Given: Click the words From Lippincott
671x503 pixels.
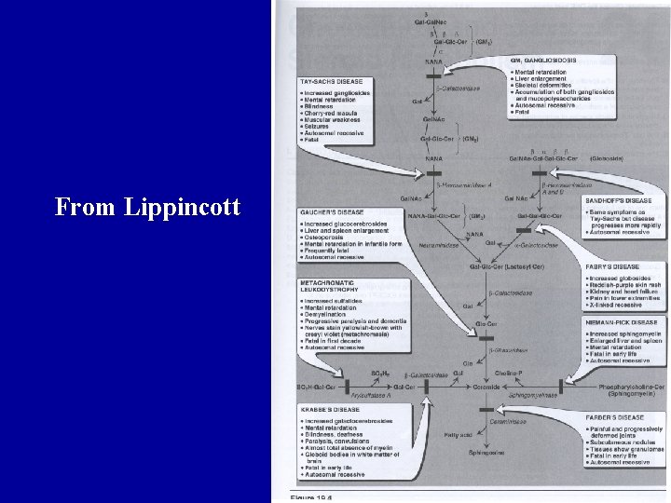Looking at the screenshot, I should (148, 206).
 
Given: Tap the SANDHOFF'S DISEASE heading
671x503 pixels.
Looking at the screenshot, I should (619, 200).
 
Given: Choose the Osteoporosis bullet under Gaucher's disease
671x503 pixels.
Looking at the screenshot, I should (326, 238).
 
